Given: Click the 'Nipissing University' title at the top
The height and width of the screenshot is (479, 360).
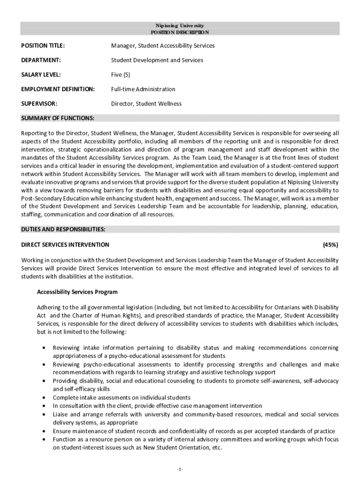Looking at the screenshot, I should (x=180, y=25).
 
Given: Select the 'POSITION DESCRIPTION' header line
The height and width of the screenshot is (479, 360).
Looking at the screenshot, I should (x=180, y=32).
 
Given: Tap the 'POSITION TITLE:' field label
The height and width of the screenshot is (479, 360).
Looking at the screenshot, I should (x=43, y=46).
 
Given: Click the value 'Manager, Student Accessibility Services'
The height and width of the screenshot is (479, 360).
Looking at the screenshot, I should (x=163, y=46).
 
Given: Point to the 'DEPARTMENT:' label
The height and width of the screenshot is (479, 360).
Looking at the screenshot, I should (x=41, y=60).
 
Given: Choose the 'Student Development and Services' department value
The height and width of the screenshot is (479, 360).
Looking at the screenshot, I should (x=157, y=60).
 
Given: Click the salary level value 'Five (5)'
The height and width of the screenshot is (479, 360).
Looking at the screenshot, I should (x=121, y=75).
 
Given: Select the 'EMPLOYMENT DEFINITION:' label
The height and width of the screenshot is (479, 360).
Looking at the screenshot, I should (x=58, y=89).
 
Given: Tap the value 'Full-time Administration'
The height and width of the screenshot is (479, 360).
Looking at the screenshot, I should (x=143, y=89).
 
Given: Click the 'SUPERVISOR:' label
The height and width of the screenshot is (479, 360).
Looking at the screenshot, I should (x=39, y=104).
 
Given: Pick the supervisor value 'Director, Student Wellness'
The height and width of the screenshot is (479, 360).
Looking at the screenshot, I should (x=146, y=104).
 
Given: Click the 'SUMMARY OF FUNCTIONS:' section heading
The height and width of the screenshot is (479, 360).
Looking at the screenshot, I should (x=58, y=117).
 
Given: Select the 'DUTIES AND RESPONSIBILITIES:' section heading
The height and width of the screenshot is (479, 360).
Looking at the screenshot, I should (x=63, y=229).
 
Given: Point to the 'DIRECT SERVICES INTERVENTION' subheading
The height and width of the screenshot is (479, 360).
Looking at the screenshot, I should (x=65, y=245).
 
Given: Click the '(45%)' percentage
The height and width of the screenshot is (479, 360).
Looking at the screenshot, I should (x=331, y=245).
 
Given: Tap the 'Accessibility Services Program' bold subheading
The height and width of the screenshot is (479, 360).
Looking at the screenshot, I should (x=77, y=292).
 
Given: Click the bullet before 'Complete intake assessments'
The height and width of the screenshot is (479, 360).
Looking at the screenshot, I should (x=44, y=398).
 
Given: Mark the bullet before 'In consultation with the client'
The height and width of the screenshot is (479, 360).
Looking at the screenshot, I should (x=44, y=406).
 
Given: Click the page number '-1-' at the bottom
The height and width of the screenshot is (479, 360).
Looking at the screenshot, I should (x=180, y=469).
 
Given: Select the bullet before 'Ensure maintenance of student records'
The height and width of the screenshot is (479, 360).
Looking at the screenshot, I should (x=44, y=431).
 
